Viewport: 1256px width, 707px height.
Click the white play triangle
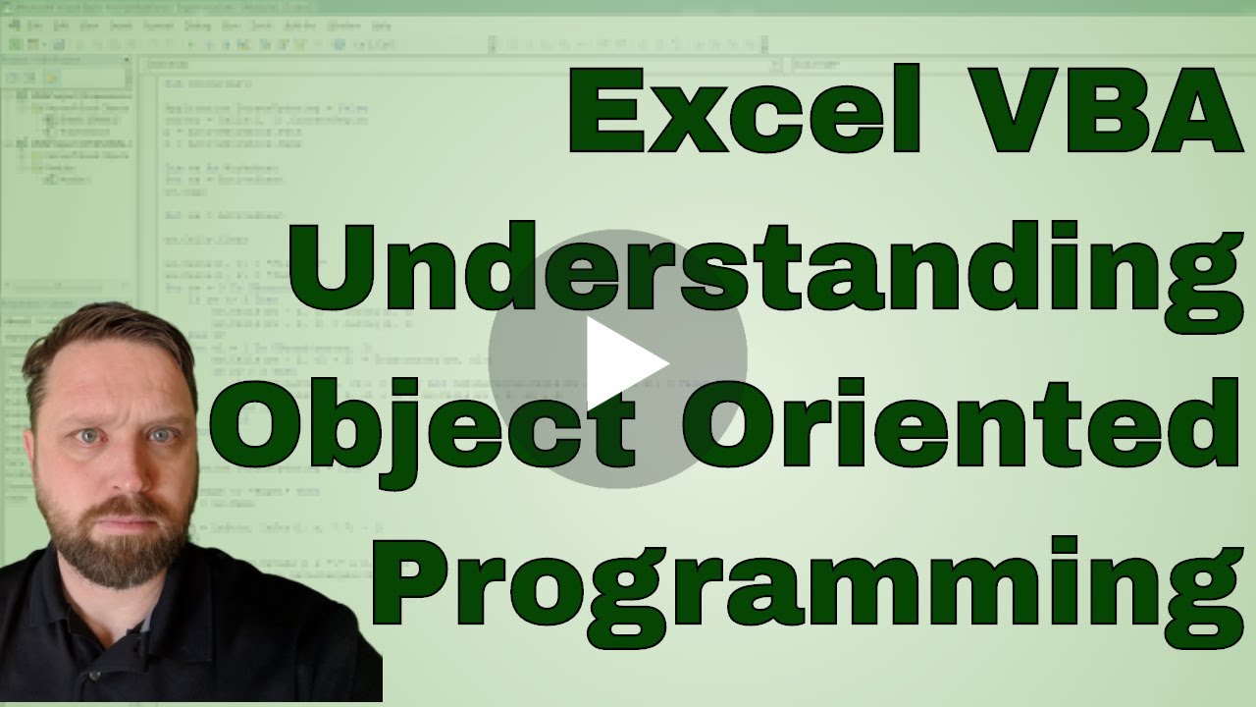click(x=624, y=364)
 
